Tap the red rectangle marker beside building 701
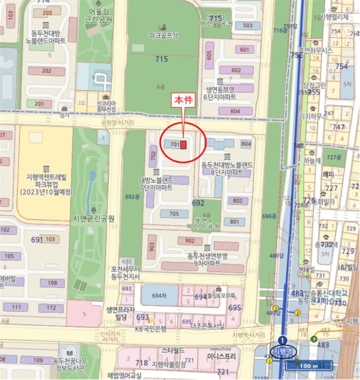click(184, 145)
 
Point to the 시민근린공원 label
click(94, 218)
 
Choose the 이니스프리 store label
click(220, 357)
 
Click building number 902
click(190, 241)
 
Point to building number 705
click(174, 213)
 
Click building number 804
click(246, 144)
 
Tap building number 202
click(46, 71)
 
